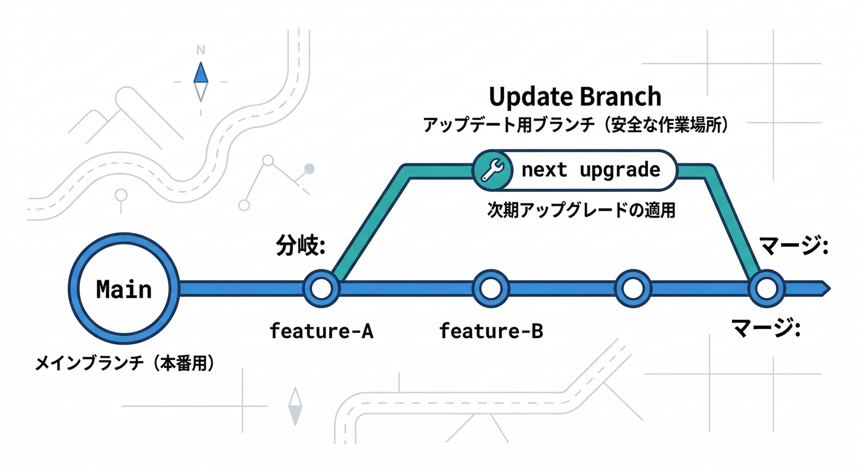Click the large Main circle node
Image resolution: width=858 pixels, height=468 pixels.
pos(124,288)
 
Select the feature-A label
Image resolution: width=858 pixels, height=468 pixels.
pos(321,331)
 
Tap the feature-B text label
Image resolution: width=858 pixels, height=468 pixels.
pos(491,331)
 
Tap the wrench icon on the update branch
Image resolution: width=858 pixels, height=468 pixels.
pos(492,169)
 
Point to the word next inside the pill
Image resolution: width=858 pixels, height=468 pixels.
pos(544,169)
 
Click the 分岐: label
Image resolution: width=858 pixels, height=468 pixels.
pos(299,247)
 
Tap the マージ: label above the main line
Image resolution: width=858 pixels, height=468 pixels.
pos(793,247)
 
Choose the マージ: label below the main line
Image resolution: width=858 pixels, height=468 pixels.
pos(765,330)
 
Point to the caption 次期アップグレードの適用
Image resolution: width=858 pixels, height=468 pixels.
pos(581,210)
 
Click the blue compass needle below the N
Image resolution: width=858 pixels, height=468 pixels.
pos(200,74)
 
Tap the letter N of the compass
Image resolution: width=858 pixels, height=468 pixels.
pos(200,51)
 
